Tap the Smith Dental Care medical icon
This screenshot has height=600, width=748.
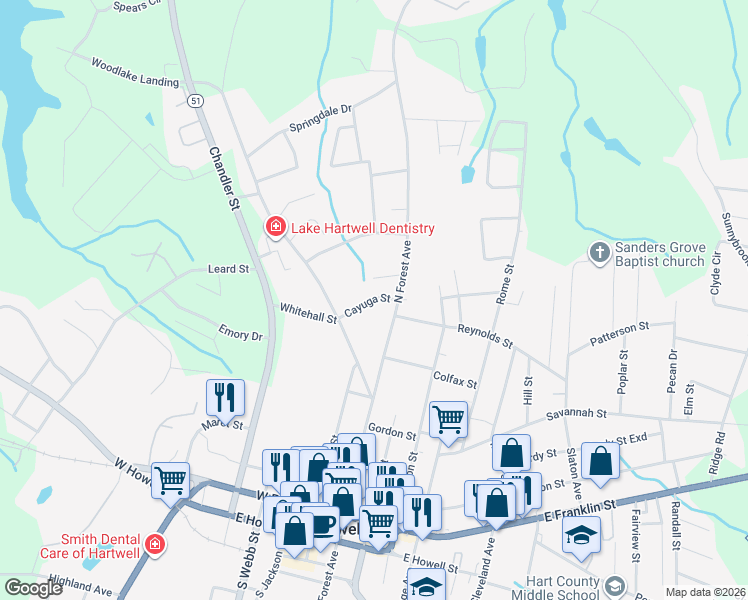point(154,544)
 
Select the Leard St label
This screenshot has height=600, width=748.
point(227,269)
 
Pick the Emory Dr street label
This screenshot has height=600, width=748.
point(240,334)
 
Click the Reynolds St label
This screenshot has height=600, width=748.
point(485,336)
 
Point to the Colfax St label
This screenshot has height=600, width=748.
point(455,379)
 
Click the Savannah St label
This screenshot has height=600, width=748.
point(576,414)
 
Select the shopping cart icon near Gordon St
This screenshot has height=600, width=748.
point(449,418)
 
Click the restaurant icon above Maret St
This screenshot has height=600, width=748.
point(225,396)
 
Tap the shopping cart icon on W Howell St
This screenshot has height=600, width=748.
point(170,479)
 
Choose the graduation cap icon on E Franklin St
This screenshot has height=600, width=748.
point(581,534)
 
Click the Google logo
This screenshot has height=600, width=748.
point(33,588)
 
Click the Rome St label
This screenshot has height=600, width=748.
point(506,284)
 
